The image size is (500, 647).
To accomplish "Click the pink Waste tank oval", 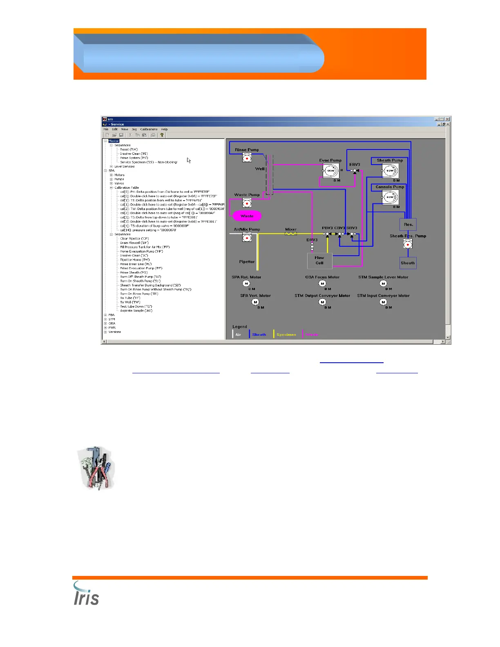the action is (x=247, y=216).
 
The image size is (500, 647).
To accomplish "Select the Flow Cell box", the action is (x=319, y=260).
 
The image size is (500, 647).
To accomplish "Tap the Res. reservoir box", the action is (x=408, y=224).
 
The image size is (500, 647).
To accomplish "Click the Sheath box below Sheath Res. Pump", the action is (x=408, y=263).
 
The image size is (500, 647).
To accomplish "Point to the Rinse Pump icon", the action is (x=247, y=158).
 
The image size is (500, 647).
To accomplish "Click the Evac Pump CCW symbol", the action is (x=330, y=171).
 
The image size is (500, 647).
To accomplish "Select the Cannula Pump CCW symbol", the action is (x=390, y=197).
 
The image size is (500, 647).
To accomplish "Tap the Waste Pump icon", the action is (x=247, y=203).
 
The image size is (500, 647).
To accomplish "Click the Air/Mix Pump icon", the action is (x=247, y=237).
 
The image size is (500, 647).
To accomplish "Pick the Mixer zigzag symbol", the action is (x=291, y=234).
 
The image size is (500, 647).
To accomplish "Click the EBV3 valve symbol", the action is (x=355, y=171).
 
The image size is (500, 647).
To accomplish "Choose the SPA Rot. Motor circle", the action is (x=246, y=283).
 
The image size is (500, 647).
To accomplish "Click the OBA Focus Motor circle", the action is (x=322, y=283).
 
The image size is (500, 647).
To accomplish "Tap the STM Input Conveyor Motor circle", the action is (x=383, y=302).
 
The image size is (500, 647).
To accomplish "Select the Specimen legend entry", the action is (x=286, y=335).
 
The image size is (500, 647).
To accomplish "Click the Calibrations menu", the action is (x=149, y=129).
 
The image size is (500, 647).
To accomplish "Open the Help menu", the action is (x=164, y=129).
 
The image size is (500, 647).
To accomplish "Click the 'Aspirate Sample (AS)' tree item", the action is (x=136, y=310).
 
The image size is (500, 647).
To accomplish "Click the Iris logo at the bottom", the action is (x=86, y=594).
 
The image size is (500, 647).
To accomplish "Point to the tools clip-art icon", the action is (x=96, y=468).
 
